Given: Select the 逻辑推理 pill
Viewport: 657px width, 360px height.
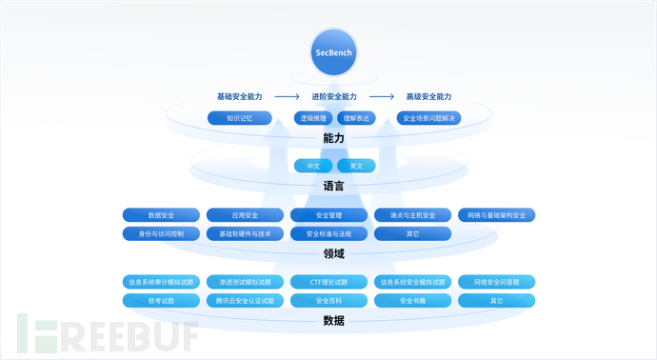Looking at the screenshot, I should pyautogui.click(x=312, y=118).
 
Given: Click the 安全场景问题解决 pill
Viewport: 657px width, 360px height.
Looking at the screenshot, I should pyautogui.click(x=429, y=118).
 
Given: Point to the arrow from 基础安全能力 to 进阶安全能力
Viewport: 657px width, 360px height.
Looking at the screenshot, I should pyautogui.click(x=287, y=97).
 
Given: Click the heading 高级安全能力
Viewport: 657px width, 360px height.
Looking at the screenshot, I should pyautogui.click(x=428, y=97).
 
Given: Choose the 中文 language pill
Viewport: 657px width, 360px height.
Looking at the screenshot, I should pyautogui.click(x=312, y=166).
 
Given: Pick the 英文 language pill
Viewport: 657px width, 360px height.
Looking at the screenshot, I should pyautogui.click(x=356, y=166).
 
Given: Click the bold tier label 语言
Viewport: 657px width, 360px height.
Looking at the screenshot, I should pyautogui.click(x=333, y=187).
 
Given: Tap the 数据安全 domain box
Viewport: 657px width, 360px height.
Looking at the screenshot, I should pyautogui.click(x=161, y=215).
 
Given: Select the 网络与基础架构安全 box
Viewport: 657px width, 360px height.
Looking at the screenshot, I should pyautogui.click(x=496, y=215).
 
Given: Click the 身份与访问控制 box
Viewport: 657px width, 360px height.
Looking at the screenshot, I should pyautogui.click(x=161, y=233).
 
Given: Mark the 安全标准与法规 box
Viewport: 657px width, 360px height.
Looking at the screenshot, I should pyautogui.click(x=328, y=233).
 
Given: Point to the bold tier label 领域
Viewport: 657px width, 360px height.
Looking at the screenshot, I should pyautogui.click(x=333, y=253).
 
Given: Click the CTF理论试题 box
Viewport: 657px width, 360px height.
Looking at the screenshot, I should pyautogui.click(x=328, y=282).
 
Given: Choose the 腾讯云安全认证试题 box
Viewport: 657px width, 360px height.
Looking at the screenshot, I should pyautogui.click(x=245, y=300).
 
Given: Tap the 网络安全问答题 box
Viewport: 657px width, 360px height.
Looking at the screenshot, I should pyautogui.click(x=496, y=282).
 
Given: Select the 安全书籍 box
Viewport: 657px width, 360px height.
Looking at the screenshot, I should pyautogui.click(x=412, y=300).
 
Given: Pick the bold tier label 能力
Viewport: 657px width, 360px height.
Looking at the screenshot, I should pyautogui.click(x=333, y=138).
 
